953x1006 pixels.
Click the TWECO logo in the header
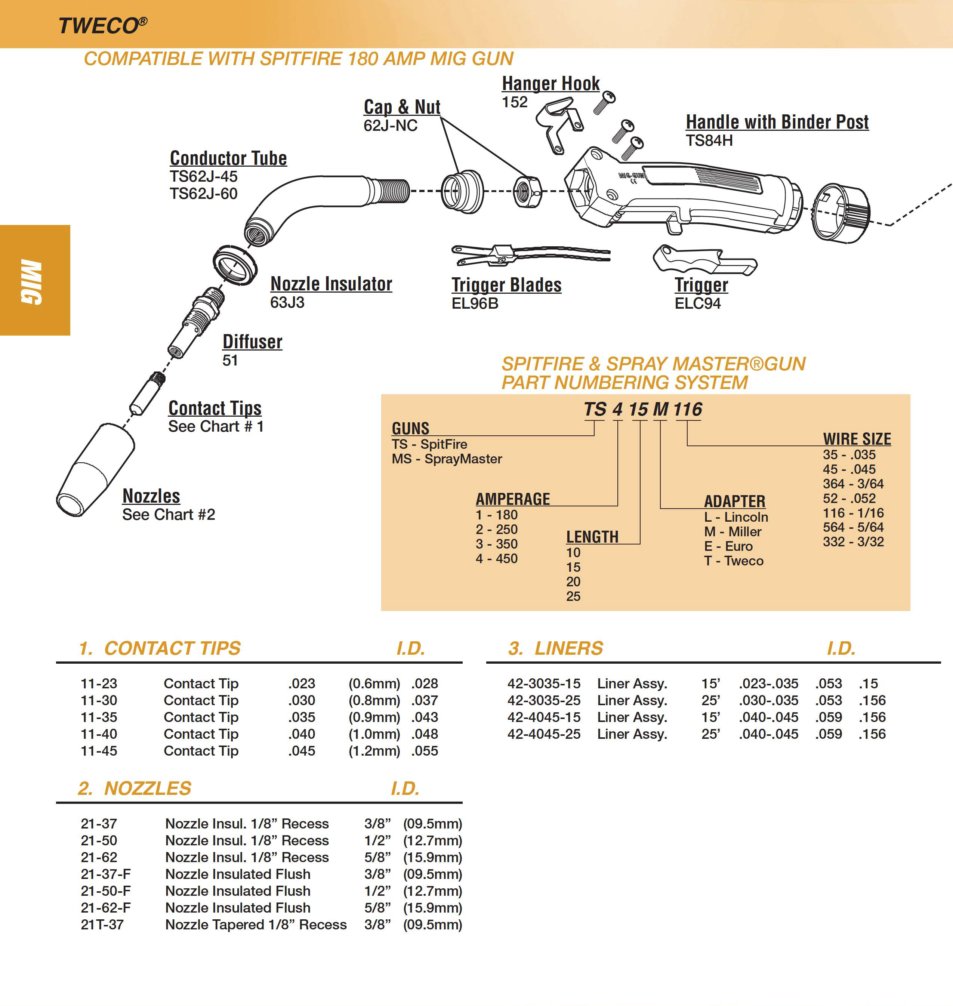pyautogui.click(x=102, y=25)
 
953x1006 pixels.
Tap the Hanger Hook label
pyautogui.click(x=550, y=84)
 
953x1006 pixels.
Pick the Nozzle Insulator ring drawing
pyautogui.click(x=235, y=264)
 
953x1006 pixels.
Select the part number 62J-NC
pyautogui.click(x=390, y=126)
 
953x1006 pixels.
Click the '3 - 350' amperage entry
pyautogui.click(x=496, y=544)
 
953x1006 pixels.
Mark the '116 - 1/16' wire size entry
pyautogui.click(x=853, y=513)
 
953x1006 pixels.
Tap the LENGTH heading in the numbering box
pyautogui.click(x=592, y=537)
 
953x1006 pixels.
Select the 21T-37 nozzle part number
pyautogui.click(x=102, y=924)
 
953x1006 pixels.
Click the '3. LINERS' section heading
pyautogui.click(x=555, y=648)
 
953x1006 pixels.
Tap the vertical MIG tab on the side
pyautogui.click(x=31, y=281)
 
